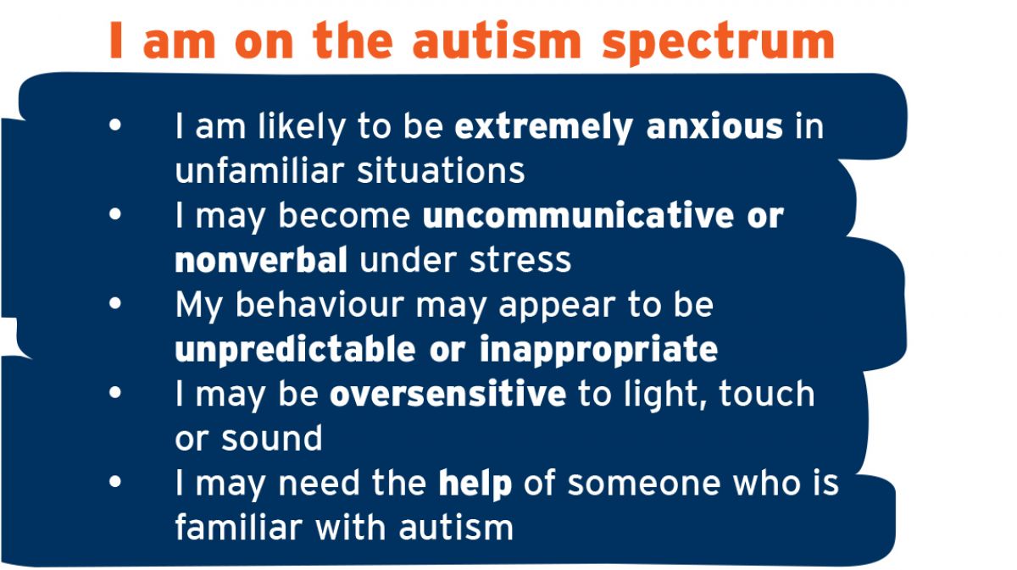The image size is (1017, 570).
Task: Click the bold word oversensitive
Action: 447,394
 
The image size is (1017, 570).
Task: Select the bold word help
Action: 475,483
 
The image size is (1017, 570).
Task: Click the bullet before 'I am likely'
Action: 115,126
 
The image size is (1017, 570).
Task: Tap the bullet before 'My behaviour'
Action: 115,304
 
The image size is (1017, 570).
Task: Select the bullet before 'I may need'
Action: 115,482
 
